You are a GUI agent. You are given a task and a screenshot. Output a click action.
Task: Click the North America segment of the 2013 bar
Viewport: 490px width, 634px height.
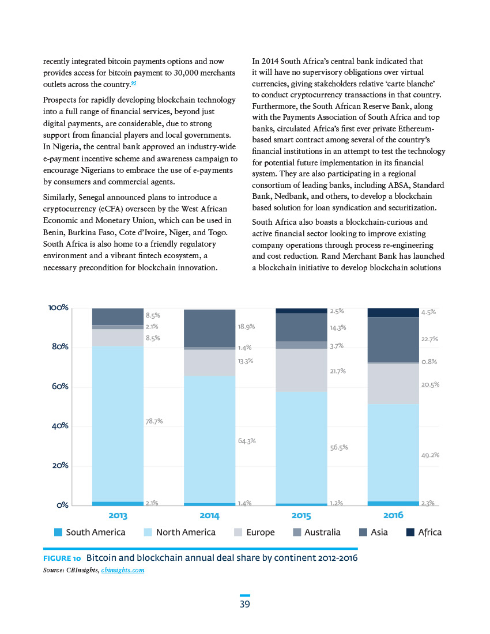118,424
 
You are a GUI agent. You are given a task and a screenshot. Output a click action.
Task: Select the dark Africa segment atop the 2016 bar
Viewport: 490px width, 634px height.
393,312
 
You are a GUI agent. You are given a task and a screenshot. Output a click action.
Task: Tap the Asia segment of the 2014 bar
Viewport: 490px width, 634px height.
209,329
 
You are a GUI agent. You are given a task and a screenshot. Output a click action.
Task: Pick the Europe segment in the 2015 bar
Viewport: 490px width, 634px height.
301,370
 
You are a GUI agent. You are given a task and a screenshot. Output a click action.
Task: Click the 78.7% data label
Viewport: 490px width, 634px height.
154,421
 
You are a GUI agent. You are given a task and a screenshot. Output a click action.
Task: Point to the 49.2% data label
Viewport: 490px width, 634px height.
430,455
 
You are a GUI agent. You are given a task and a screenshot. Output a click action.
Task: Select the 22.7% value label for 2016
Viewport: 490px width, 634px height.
430,339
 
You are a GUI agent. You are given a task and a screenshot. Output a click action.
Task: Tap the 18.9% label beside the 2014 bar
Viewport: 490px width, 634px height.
246,326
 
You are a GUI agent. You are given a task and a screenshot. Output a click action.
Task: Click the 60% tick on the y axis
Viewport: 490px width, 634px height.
60,386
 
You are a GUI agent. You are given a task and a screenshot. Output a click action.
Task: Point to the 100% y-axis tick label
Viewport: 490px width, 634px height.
58,307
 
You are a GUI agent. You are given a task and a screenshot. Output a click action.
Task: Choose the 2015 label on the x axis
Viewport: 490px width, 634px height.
301,515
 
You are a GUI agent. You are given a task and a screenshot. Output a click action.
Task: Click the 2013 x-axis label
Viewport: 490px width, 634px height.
118,515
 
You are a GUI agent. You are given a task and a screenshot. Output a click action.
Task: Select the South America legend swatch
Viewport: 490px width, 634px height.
58,532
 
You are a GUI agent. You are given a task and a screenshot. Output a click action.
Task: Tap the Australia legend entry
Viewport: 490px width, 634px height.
317,532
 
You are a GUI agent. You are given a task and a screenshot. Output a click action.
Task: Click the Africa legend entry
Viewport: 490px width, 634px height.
424,532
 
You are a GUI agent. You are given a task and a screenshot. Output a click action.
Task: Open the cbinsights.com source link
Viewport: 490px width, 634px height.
122,570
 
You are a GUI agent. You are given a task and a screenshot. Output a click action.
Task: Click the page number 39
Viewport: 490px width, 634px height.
245,604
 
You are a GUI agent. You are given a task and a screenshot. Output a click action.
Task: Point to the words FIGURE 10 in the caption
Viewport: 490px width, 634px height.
62,558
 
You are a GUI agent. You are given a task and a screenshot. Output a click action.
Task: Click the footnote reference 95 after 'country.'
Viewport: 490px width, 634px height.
134,83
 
